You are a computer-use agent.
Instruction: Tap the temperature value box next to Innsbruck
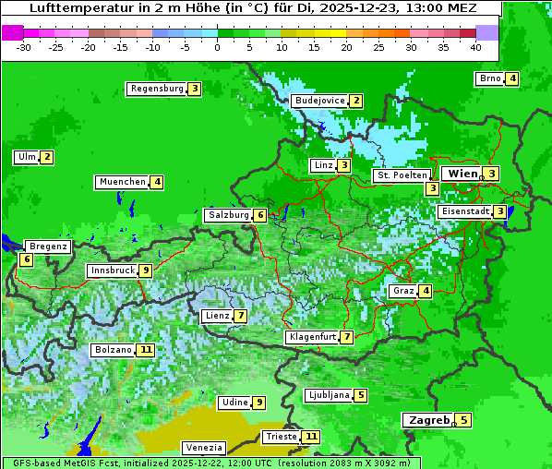click(x=146, y=271)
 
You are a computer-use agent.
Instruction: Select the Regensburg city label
click(x=156, y=89)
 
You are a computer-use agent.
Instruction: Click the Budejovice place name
click(x=318, y=101)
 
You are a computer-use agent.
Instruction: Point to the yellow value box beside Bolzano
click(x=146, y=350)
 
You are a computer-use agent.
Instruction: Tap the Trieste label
click(x=280, y=437)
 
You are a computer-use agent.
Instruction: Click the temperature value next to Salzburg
click(x=261, y=215)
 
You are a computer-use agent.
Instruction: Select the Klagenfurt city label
click(x=312, y=337)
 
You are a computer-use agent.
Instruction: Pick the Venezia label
click(x=203, y=447)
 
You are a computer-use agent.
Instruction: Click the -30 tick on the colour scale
click(x=24, y=47)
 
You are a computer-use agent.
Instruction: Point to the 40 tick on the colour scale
click(x=475, y=47)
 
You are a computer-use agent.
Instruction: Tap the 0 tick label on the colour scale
click(x=217, y=47)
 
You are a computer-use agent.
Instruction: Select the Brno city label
click(x=489, y=78)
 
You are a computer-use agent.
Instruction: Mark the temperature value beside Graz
click(x=425, y=291)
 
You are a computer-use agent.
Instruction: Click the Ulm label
click(x=26, y=157)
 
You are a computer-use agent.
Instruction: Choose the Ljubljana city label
click(x=328, y=395)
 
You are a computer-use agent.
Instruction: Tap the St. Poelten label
click(x=402, y=174)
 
